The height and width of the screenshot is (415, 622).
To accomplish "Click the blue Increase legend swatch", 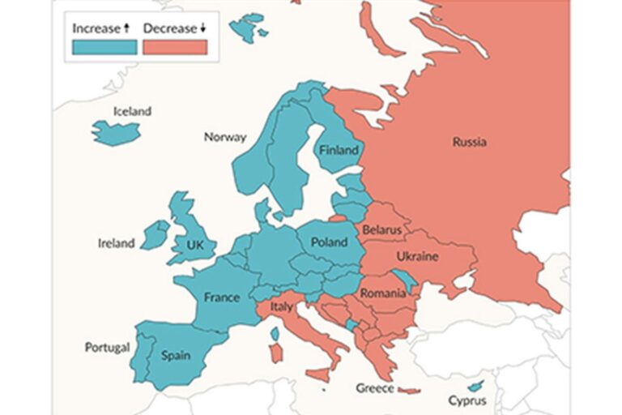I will (x=104, y=47).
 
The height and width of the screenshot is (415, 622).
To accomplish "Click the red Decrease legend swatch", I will (x=175, y=47).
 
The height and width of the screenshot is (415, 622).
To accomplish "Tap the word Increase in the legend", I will (x=96, y=28).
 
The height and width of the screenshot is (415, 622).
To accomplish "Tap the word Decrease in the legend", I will (x=170, y=28).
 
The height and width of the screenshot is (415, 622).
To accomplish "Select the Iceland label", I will (x=132, y=111).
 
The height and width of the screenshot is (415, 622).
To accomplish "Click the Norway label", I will (x=224, y=137).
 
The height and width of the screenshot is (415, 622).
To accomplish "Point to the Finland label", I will (x=339, y=151).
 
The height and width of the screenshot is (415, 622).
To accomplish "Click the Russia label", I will (x=470, y=142).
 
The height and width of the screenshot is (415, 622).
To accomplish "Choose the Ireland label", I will (x=116, y=243).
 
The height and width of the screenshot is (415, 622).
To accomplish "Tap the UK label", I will (x=196, y=244).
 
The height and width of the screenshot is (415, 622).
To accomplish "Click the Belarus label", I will (x=382, y=229).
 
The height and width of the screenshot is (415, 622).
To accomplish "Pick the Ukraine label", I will (x=417, y=257).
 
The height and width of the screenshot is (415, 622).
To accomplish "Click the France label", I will (x=221, y=297).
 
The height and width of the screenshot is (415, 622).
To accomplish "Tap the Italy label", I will (x=281, y=307).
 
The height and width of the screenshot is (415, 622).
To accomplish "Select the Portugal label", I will (x=107, y=347).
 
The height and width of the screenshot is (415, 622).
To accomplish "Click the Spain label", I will (x=175, y=355).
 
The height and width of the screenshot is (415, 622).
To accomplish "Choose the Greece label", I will (x=375, y=388).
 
